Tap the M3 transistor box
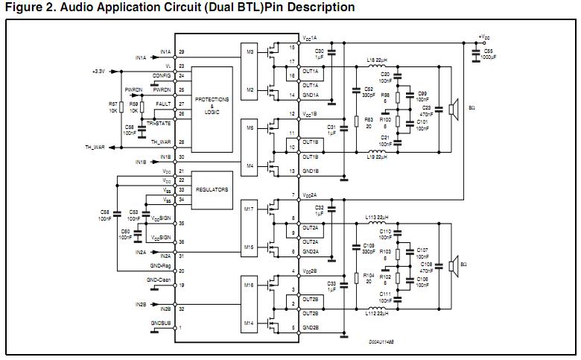tap(250, 51)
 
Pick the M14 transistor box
tap(250, 322)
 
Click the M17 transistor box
tap(250, 209)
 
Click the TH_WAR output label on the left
tap(93, 147)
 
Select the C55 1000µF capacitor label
tap(489, 54)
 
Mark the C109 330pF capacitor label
tap(368, 247)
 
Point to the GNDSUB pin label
tap(161, 323)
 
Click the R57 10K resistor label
tap(113, 107)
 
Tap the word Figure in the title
tap(24, 7)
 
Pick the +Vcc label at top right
tap(484, 36)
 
